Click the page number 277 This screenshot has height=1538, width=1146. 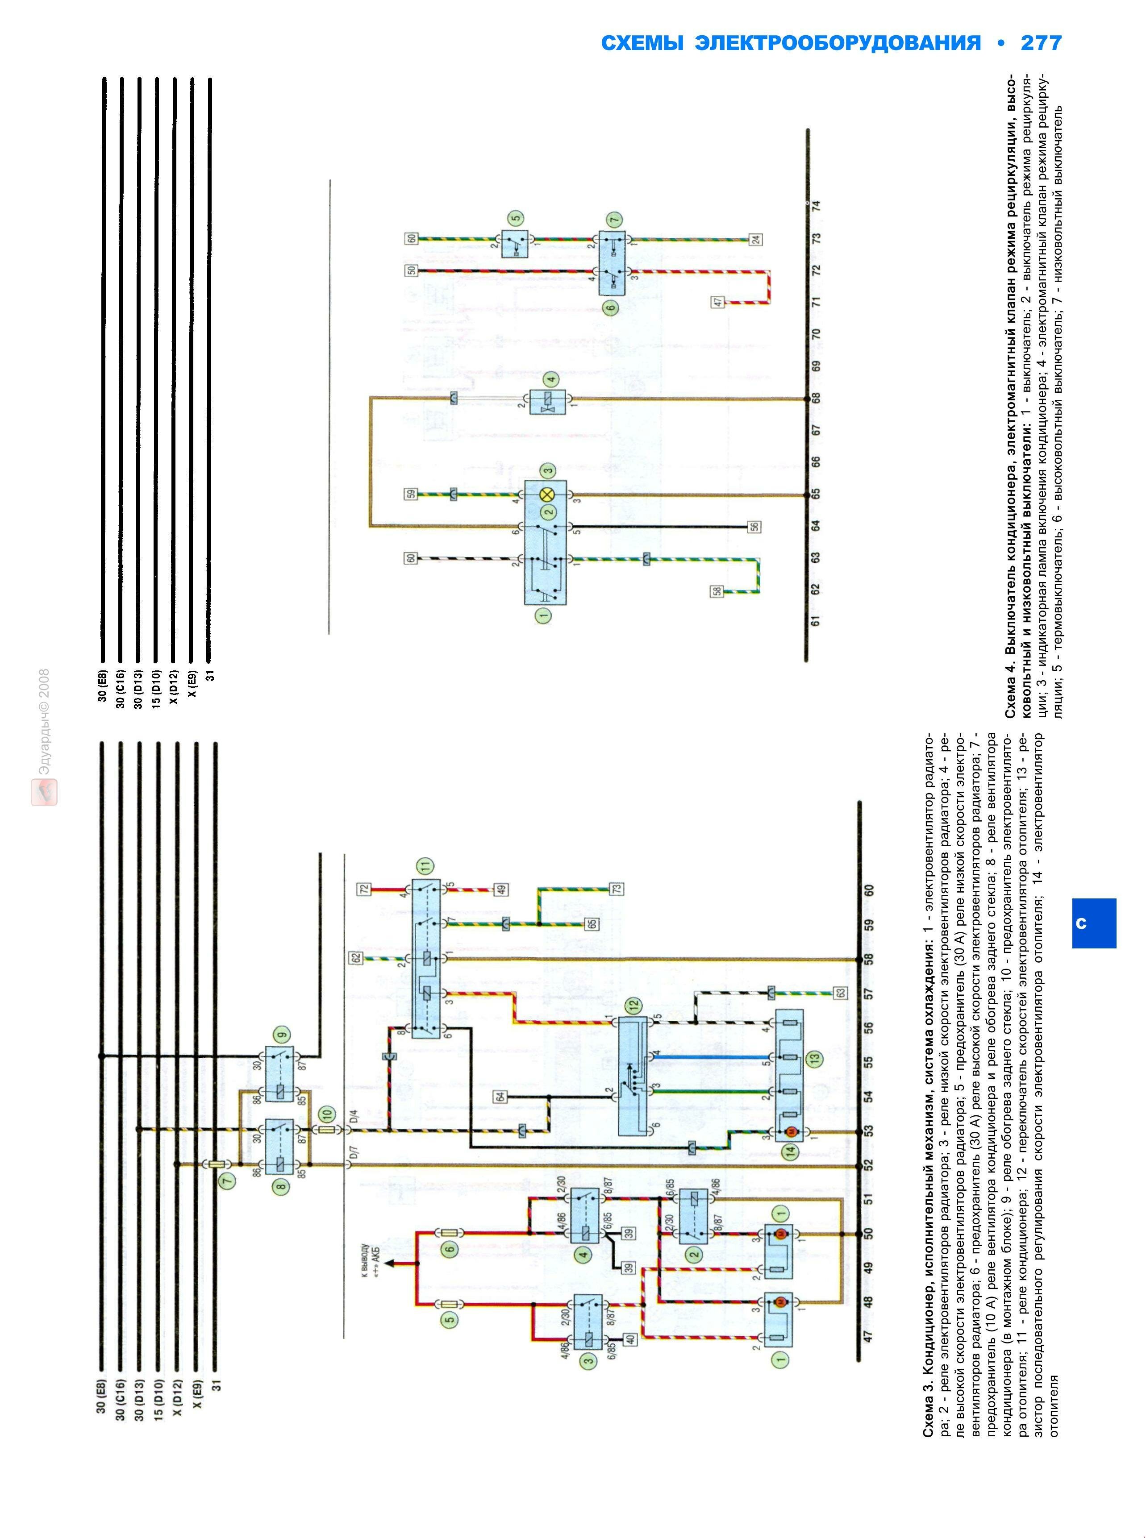[1041, 43]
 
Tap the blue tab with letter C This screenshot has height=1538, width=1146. [1094, 923]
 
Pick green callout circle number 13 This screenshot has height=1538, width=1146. [814, 1059]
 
